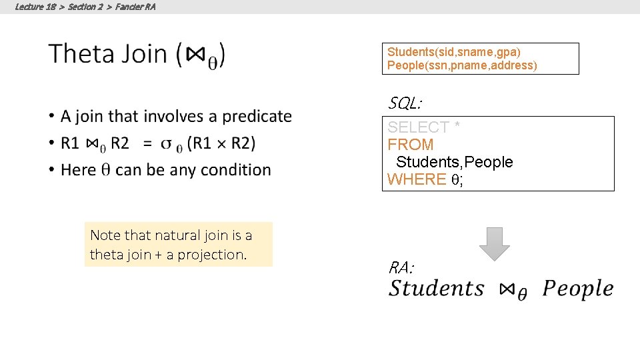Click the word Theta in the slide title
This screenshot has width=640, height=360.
coord(81,53)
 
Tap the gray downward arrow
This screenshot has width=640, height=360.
coord(494,243)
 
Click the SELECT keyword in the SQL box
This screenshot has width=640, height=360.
coord(419,127)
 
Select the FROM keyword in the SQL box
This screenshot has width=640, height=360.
coord(411,144)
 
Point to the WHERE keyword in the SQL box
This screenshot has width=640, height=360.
coord(417,179)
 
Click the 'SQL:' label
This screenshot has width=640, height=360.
coord(405,103)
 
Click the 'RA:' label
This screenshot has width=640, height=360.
coord(401,268)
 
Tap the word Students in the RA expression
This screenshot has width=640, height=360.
coord(437,289)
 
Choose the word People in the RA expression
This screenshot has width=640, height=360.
coord(577,289)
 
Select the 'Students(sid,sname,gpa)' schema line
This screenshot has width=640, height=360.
coord(454,52)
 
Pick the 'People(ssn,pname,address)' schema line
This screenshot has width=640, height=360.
coord(462,65)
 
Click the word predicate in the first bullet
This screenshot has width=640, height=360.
coord(257,116)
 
